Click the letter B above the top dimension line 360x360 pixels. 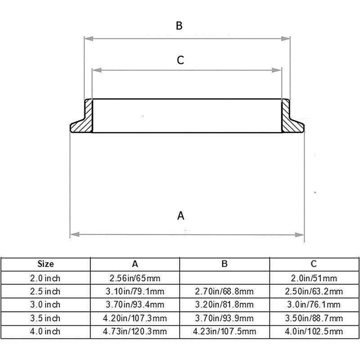pos(179,26)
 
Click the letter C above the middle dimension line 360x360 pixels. pos(180,60)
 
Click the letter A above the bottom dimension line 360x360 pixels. pos(181,216)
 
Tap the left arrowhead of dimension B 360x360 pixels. pos(89,39)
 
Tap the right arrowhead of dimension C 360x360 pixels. pos(276,70)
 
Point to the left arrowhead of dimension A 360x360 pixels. pos(75,234)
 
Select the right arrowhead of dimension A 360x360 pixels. pos(299,235)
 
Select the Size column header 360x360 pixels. pos(46,264)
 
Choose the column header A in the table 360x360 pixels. pos(135,264)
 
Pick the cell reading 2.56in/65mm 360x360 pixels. pos(135,278)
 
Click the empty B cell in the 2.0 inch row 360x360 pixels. pos(225,278)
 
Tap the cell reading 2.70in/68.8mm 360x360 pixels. pos(225,291)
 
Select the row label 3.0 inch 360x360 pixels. pos(45,305)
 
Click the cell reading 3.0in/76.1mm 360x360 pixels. pos(314,305)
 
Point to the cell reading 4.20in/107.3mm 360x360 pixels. pos(135,318)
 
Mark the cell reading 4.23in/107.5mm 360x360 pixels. pos(225,332)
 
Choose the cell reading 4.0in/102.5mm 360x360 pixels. pos(314,332)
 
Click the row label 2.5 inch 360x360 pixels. pos(45,291)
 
